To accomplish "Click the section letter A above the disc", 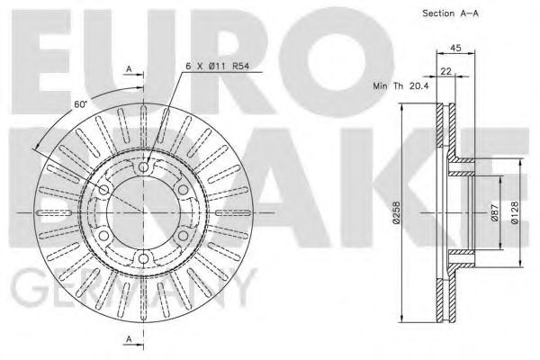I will (129, 68).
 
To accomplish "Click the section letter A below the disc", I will (129, 338).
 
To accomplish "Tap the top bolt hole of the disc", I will (144, 168).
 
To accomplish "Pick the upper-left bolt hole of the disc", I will (104, 191).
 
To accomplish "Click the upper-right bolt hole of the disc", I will (184, 191).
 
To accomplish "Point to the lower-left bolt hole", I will (104, 237).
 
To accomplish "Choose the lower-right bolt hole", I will (184, 237).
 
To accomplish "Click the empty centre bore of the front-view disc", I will (144, 214).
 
